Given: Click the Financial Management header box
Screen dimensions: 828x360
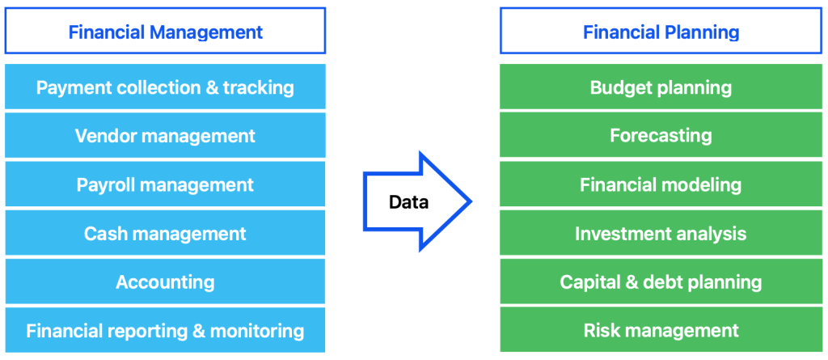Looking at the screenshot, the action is point(165,31).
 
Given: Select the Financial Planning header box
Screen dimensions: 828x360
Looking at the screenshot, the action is point(661,31).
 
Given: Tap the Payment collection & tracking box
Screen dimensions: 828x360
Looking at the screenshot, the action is point(165,87).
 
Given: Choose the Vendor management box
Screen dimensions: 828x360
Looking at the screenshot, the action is point(165,135).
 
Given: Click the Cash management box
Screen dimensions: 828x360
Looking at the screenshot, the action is point(165,233).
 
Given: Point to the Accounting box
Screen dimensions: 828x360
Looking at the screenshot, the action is point(165,282).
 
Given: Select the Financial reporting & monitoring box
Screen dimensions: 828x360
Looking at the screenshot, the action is point(165,330).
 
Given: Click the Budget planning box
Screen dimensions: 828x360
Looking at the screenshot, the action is point(661,87).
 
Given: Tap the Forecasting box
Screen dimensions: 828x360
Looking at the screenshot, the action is point(661,135).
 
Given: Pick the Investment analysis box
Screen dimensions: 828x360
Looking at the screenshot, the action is point(661,233).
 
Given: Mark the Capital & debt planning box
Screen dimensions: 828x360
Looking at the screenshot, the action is point(661,282).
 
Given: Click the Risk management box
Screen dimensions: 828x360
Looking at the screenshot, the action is point(661,330).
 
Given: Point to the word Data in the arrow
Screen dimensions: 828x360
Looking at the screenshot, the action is point(408,201).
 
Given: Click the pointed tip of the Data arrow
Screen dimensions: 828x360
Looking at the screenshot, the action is point(471,201).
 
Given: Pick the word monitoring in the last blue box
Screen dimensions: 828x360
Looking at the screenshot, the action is point(257,332).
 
